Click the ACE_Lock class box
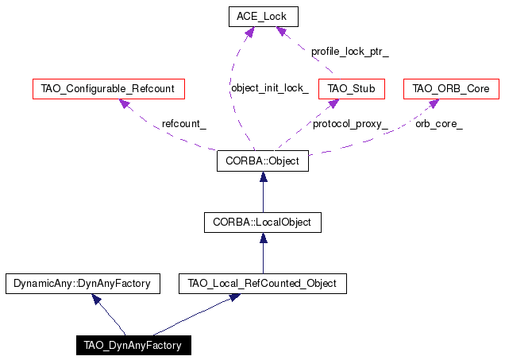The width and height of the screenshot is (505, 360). (x=264, y=17)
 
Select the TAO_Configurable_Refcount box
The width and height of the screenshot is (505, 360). (x=109, y=89)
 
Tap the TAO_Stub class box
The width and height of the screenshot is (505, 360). (x=352, y=89)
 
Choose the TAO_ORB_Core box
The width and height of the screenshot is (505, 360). (x=451, y=89)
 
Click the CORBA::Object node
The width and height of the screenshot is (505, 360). (x=263, y=161)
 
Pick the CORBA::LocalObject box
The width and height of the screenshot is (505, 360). (x=263, y=223)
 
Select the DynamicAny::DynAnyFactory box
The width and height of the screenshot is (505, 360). (x=83, y=284)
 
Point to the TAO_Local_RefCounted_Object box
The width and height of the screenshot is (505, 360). (x=263, y=284)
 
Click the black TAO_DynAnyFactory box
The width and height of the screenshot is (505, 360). (x=133, y=345)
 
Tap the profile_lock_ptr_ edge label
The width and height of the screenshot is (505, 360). (x=350, y=52)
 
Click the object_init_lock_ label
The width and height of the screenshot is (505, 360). (x=270, y=88)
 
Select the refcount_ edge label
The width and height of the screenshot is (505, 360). (x=184, y=124)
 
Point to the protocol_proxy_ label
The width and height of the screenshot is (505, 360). (x=350, y=124)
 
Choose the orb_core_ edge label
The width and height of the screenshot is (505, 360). (x=439, y=124)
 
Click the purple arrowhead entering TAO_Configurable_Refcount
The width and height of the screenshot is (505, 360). (x=125, y=103)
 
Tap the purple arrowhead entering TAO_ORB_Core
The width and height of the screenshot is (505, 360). (x=434, y=103)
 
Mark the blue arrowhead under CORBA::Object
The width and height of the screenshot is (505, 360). (x=264, y=176)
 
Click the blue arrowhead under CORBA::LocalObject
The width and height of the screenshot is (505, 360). (x=264, y=238)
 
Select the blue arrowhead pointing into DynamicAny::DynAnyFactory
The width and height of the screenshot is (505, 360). (x=96, y=299)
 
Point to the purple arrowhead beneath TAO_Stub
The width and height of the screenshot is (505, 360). (x=333, y=103)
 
